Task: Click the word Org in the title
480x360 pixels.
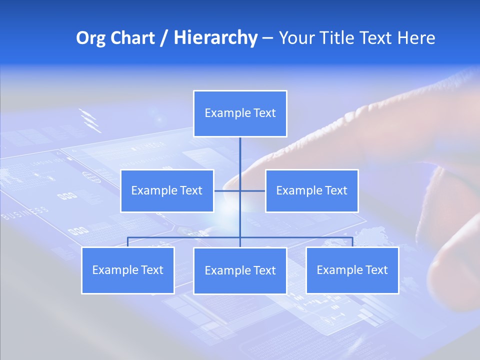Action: point(91,38)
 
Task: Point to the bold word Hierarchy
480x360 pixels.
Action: point(215,38)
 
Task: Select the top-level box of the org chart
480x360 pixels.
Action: point(240,113)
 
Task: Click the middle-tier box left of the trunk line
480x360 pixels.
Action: point(167,190)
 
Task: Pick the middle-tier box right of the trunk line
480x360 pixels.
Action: point(311,190)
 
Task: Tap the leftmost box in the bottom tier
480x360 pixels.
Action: point(128,270)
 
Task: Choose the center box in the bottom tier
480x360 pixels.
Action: point(240,270)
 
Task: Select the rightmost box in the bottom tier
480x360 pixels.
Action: point(352,270)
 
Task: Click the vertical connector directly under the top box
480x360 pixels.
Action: point(240,155)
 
